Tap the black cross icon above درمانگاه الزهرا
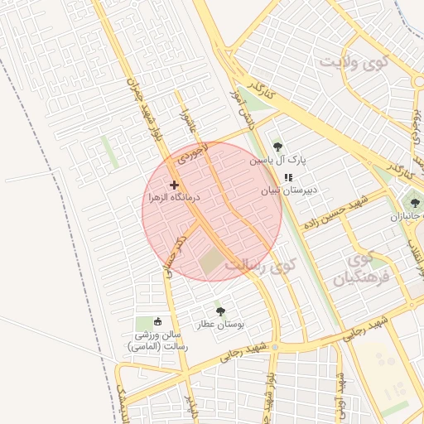click(x=173, y=185)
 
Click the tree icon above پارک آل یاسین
click(x=277, y=147)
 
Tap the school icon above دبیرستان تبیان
click(x=287, y=177)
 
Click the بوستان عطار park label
click(x=216, y=324)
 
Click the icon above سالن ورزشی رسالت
click(x=158, y=321)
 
